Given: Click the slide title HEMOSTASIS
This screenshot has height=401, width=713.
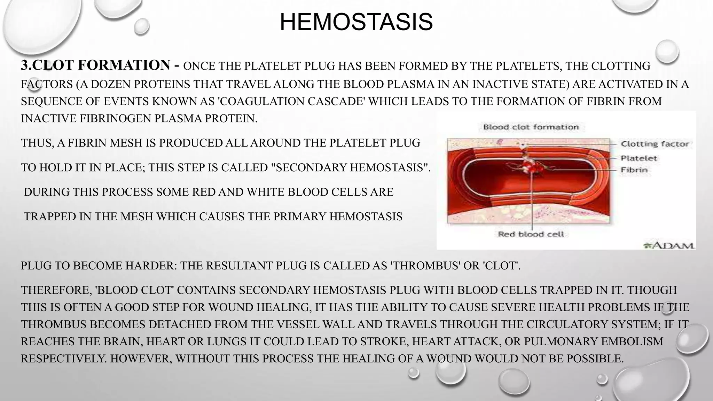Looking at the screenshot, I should click(356, 22).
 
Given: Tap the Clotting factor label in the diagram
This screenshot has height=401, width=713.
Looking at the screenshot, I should click(655, 144).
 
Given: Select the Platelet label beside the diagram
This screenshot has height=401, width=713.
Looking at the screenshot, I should click(638, 158).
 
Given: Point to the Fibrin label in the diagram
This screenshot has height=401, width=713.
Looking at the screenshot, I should click(634, 170).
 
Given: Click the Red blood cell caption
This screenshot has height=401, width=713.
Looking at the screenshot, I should click(531, 234).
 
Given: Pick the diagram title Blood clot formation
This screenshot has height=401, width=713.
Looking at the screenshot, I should click(531, 127).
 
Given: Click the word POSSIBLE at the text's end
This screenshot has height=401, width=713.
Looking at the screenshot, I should click(592, 359).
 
